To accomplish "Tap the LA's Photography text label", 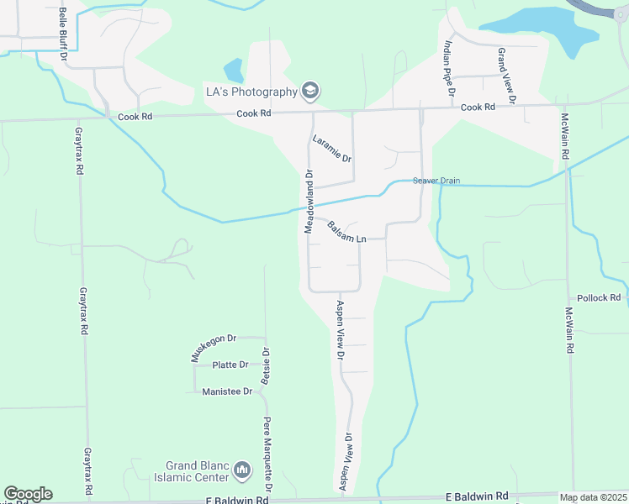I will (252, 92).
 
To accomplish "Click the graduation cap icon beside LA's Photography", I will (310, 91).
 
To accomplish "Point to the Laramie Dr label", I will (331, 149).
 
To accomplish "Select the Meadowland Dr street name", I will (309, 202).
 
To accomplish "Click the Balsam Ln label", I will (346, 233).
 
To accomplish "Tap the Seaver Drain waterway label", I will (436, 181).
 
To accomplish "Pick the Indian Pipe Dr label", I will (448, 61).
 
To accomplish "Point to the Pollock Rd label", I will (599, 298).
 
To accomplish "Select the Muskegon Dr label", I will (205, 346).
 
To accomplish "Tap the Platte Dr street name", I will (230, 365).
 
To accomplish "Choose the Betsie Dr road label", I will (266, 366).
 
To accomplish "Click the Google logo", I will (28, 494).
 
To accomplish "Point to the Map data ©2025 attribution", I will (593, 497).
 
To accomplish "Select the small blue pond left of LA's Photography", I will (233, 71).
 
